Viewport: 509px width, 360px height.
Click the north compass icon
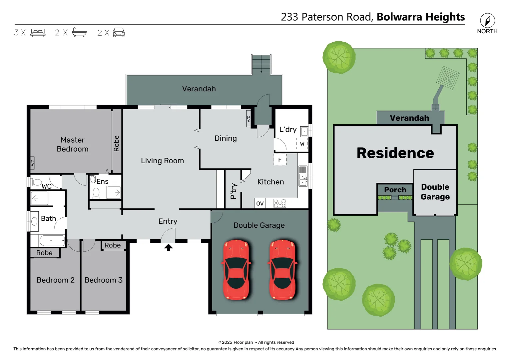487,21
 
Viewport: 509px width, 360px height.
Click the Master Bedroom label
73,144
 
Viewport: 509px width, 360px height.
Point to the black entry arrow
168,247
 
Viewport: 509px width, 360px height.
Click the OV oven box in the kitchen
260,203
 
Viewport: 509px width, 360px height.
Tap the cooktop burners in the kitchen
279,203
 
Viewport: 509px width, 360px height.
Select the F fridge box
280,160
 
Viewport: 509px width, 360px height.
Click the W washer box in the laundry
302,144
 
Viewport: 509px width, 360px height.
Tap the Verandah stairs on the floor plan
261,64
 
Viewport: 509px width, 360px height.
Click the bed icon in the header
38,33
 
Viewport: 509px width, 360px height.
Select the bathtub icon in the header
79,32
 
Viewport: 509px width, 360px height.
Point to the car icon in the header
119,32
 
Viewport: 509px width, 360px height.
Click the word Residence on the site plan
395,153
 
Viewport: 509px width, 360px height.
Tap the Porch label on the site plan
395,190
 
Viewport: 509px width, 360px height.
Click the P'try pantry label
234,191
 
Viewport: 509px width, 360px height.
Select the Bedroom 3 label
104,280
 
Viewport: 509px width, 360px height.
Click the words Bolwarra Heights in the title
421,17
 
